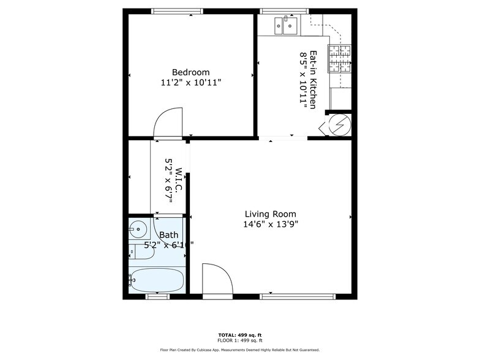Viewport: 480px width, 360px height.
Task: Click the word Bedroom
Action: [190, 72]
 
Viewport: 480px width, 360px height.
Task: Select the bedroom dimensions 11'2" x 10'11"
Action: [190, 82]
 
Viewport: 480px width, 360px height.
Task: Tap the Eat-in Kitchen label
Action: [313, 80]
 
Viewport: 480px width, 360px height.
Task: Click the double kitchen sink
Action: [286, 25]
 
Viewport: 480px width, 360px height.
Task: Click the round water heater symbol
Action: [339, 126]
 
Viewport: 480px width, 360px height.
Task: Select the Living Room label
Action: [270, 214]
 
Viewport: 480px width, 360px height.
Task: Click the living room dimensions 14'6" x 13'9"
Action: [270, 224]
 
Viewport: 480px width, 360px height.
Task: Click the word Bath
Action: [168, 234]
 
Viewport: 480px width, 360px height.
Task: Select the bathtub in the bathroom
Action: [157, 280]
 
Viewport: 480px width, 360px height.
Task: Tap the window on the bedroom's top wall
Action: [178, 10]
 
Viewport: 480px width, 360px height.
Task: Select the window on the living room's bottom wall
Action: [297, 297]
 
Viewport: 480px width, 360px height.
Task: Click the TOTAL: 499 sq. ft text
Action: [239, 335]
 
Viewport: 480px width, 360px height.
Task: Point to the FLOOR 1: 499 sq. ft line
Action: [239, 340]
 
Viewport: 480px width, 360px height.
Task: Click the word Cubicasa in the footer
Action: [219, 350]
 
